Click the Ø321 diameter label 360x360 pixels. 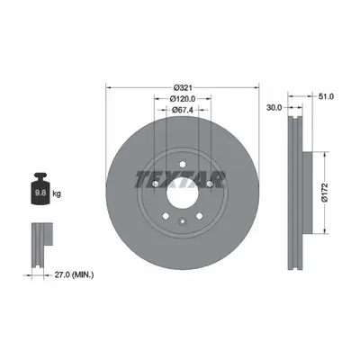(183, 87)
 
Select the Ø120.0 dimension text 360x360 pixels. (183, 98)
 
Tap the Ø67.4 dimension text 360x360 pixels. (183, 110)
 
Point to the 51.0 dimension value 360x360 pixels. (326, 96)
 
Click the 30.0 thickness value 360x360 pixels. (274, 107)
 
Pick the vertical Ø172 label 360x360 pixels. (325, 193)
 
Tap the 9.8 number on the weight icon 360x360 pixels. (40, 193)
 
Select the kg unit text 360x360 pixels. (57, 193)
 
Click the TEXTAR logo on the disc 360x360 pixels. (180, 179)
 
